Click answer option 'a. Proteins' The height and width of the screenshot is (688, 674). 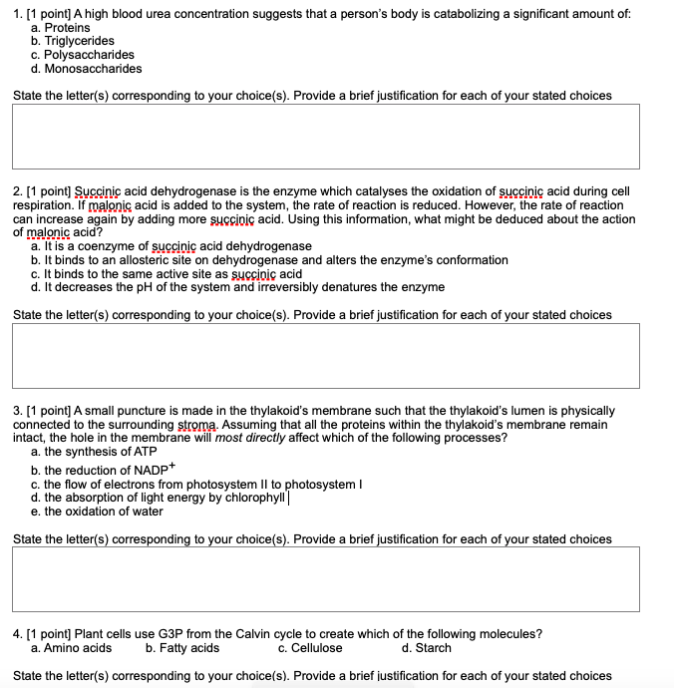pos(61,28)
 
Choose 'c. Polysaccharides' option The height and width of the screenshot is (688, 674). pos(83,55)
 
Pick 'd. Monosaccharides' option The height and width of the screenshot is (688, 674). pos(87,69)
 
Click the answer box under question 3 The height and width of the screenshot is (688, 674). pos(326,577)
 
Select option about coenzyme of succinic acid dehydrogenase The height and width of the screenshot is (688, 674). pos(171,246)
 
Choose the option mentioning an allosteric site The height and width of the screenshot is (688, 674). pos(269,260)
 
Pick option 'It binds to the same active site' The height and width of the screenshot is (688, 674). pos(167,274)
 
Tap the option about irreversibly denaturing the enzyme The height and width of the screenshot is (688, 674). pos(237,287)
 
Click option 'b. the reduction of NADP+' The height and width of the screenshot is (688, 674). pos(103,470)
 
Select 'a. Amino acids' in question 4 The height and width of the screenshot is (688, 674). pos(72,648)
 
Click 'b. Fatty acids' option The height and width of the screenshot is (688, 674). pos(182,648)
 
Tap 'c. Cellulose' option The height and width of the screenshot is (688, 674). pos(310,648)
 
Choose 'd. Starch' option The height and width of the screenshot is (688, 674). pos(427,648)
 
